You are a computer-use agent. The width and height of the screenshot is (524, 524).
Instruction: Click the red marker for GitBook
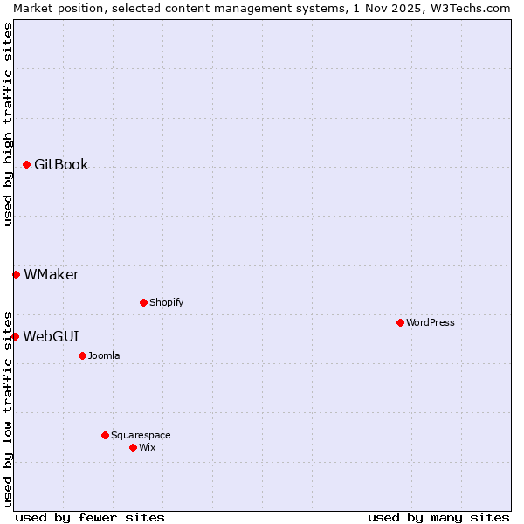(27, 164)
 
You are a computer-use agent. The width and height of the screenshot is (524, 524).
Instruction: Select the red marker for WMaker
(16, 274)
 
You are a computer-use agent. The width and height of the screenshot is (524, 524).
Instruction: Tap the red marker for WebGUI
(15, 336)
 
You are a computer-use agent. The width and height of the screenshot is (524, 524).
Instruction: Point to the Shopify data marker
(143, 302)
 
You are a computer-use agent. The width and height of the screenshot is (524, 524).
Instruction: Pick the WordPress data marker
(400, 322)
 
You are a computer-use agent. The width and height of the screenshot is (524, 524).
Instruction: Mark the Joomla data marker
(82, 355)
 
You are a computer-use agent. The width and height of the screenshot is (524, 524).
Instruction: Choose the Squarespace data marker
(105, 435)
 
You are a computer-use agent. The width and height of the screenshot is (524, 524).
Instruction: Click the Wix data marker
(133, 447)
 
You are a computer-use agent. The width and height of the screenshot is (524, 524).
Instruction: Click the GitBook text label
(61, 164)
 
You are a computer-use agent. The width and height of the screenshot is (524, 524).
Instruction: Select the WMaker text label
(52, 274)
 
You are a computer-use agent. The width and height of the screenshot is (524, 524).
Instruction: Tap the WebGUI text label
(51, 336)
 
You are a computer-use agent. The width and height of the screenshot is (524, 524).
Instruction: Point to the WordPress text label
(431, 322)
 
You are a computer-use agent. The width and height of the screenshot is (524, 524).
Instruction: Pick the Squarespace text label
(141, 435)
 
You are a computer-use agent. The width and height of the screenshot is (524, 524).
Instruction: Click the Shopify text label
(166, 302)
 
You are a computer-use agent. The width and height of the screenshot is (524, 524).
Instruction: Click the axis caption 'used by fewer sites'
(90, 517)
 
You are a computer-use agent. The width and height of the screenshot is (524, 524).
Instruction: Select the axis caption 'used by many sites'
(438, 517)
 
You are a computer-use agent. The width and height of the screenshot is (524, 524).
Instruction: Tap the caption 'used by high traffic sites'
(8, 124)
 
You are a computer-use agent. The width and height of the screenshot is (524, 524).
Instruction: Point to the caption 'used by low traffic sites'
(8, 408)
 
